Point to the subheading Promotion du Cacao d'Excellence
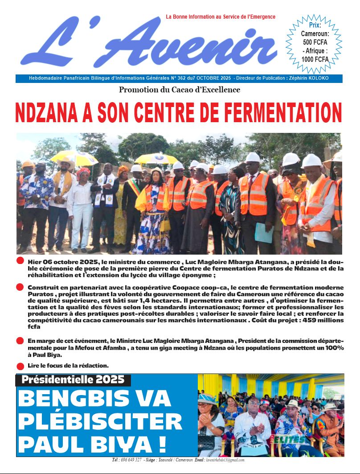pos(180,90)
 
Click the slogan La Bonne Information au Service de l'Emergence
pos(221,17)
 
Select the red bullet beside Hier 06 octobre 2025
pos(20,261)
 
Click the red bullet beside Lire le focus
pos(20,366)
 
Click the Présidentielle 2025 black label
pos(74,380)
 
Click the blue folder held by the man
pos(264,233)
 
